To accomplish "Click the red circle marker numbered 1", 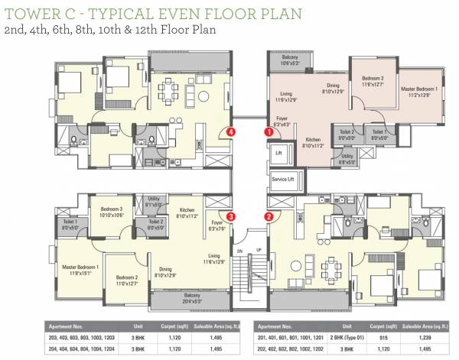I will [x=269, y=131].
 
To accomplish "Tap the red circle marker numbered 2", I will [x=269, y=216].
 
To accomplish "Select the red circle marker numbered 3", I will [x=230, y=217].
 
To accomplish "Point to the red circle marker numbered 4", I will [x=230, y=131].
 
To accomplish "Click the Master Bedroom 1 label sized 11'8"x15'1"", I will [x=81, y=269].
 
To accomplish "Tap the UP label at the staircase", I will [x=259, y=250].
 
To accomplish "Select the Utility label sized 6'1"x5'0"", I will [x=153, y=201].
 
